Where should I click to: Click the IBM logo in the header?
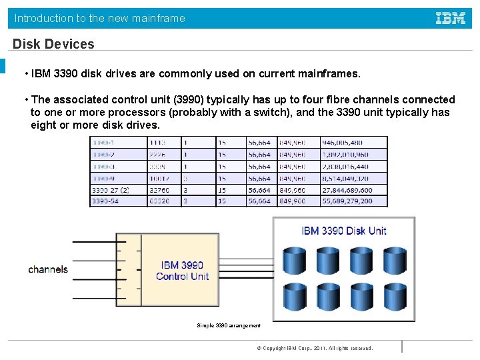(x=451, y=19)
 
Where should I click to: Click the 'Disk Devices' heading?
(x=53, y=44)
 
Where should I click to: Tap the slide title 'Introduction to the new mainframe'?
(x=100, y=19)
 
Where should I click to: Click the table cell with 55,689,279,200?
(x=347, y=201)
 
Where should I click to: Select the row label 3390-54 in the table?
(x=105, y=201)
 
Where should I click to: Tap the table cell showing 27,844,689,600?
(x=347, y=189)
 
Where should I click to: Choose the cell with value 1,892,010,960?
(x=346, y=155)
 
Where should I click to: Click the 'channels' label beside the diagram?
(x=48, y=269)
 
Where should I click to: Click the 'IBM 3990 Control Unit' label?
(x=182, y=271)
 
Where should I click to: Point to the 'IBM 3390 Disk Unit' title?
(x=344, y=231)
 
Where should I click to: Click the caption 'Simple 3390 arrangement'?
(x=229, y=325)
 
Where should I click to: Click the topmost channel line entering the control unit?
(x=93, y=241)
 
